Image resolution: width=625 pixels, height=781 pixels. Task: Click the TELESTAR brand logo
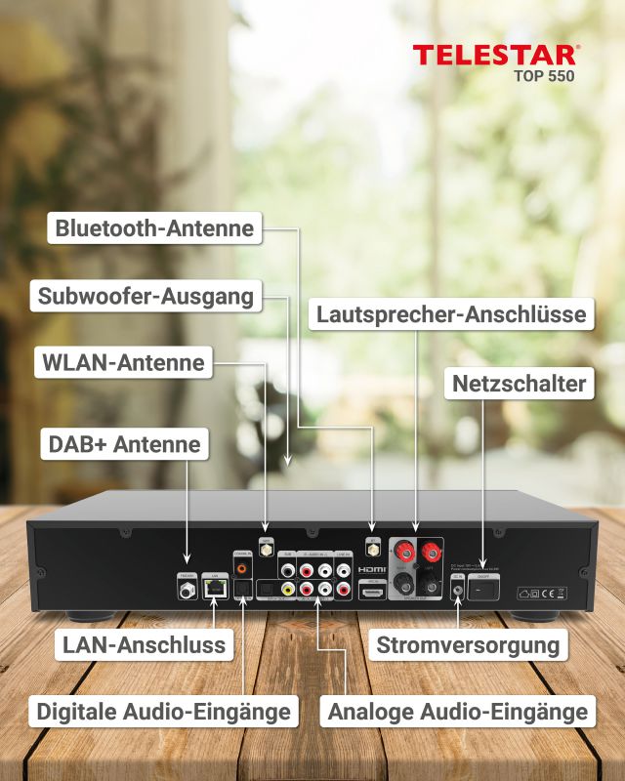click(x=495, y=55)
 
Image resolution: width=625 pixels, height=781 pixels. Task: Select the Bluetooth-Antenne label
click(x=154, y=229)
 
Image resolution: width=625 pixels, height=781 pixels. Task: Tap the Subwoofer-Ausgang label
click(x=146, y=296)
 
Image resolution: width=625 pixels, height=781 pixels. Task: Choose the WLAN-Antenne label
click(x=123, y=363)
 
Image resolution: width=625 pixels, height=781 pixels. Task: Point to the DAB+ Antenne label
click(x=124, y=445)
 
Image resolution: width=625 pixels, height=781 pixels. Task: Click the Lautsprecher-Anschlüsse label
click(x=450, y=314)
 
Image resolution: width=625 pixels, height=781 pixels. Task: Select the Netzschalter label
click(x=519, y=384)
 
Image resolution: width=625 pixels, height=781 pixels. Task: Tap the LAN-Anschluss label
click(x=144, y=644)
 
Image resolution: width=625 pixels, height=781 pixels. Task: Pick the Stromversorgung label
click(x=468, y=644)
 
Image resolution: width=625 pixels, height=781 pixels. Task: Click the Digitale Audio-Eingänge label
click(x=163, y=711)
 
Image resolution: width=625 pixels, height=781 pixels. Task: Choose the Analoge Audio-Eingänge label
click(x=458, y=711)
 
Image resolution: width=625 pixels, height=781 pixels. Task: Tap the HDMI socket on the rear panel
click(x=372, y=590)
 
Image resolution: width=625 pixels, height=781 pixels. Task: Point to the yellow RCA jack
click(x=287, y=590)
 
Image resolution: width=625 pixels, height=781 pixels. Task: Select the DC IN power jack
click(x=457, y=592)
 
